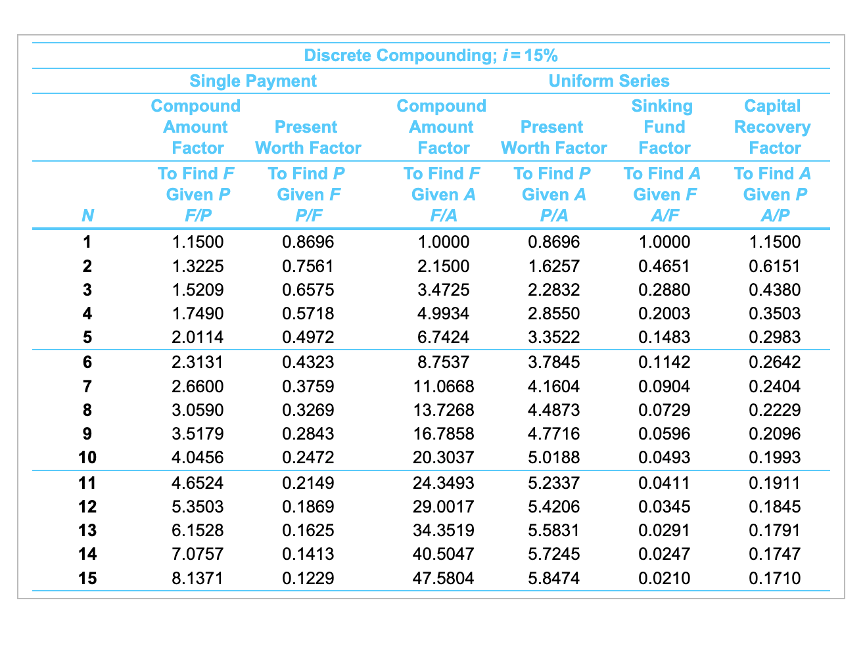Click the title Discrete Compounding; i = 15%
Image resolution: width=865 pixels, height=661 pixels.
pos(431,55)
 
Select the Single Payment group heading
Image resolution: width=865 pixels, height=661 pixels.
pos(253,81)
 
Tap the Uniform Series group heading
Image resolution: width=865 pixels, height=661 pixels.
pos(609,81)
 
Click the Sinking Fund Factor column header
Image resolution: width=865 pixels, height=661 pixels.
pos(663,127)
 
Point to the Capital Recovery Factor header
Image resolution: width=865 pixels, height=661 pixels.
pos(773,127)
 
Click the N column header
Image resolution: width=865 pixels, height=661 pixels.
pos(87,216)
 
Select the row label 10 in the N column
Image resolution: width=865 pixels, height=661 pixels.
pos(87,457)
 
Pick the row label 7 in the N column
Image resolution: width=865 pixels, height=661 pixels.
pos(87,386)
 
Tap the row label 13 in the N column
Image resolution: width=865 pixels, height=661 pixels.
pos(87,530)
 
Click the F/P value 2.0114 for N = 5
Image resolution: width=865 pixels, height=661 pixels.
pos(197,337)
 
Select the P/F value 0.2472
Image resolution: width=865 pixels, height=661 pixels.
pos(308,457)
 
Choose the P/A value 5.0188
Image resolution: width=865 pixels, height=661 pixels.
pos(554,457)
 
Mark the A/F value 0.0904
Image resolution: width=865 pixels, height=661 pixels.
pos(665,386)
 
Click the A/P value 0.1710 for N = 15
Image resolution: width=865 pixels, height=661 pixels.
pos(775,578)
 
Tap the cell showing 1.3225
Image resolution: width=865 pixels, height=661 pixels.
pos(197,266)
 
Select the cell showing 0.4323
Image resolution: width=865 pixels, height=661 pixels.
pos(308,362)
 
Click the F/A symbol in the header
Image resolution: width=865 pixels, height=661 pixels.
pos(443,216)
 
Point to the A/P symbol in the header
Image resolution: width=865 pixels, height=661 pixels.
pos(775,216)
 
